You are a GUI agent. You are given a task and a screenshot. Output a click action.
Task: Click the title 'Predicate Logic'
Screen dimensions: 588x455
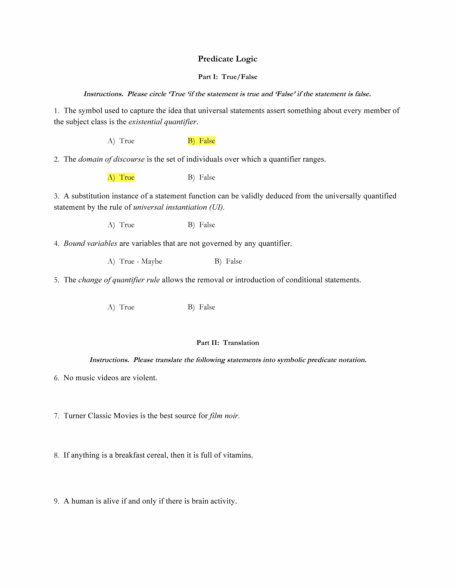(x=227, y=59)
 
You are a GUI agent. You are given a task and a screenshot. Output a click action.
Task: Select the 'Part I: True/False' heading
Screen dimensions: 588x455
(x=227, y=77)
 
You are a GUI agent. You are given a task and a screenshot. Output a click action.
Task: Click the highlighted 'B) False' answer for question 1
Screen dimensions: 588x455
(x=201, y=141)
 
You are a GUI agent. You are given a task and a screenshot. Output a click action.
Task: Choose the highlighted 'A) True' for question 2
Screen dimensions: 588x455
(x=121, y=177)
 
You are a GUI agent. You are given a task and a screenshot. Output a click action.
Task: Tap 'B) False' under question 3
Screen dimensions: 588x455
(x=201, y=225)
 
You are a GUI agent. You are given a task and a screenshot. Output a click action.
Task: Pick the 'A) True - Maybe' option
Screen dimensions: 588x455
(x=135, y=261)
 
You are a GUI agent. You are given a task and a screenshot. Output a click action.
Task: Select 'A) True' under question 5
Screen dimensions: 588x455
(x=121, y=307)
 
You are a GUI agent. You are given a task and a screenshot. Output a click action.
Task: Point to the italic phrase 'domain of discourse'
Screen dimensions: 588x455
(x=111, y=159)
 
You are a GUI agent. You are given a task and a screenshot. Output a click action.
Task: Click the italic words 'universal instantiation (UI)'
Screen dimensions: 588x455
(x=178, y=207)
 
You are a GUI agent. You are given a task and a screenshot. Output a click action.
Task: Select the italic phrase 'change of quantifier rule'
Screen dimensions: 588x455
(x=119, y=280)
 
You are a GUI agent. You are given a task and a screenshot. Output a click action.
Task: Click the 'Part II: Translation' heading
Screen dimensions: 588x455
(x=227, y=343)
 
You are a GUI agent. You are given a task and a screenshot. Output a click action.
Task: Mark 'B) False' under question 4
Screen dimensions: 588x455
(x=228, y=261)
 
